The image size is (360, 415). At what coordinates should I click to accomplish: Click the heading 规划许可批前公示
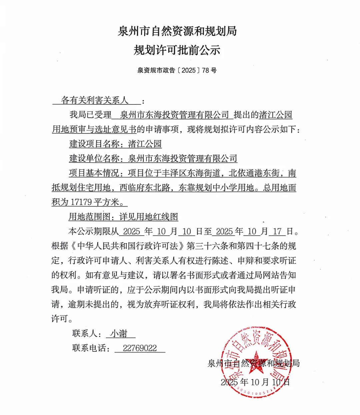(177, 50)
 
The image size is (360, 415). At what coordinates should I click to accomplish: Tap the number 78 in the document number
(205, 70)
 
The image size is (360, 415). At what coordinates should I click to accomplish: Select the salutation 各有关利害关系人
(95, 100)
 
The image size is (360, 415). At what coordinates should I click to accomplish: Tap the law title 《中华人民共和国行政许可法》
(128, 246)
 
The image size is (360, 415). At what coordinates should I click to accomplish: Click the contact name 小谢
(119, 333)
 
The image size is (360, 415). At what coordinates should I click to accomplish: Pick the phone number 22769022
(140, 348)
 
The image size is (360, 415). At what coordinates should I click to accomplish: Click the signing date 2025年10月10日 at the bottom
(255, 382)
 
